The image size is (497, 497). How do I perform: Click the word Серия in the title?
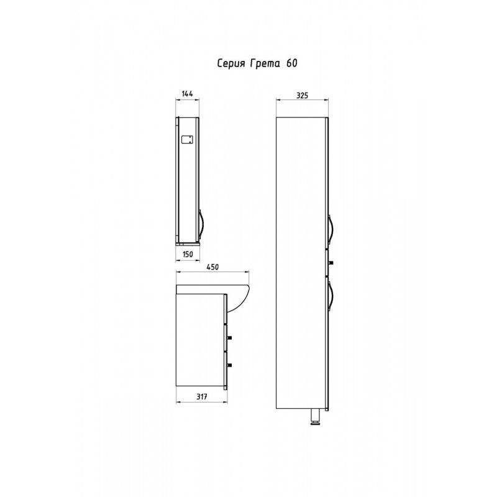231,64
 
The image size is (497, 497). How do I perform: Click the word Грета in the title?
265,63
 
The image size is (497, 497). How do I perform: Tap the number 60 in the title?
292,63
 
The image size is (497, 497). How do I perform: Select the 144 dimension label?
188,94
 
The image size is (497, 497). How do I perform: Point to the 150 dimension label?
188,254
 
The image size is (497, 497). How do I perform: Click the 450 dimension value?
212,267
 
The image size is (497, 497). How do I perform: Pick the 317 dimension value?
201,396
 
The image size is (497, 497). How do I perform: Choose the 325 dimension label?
302,95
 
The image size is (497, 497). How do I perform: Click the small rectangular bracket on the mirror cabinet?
187,140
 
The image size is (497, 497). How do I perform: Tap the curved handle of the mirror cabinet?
201,224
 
